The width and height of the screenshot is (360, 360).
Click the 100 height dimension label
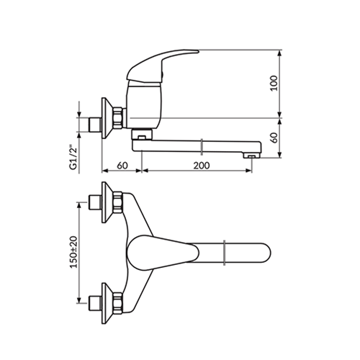click(x=274, y=84)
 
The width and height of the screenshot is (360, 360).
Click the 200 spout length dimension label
click(x=202, y=166)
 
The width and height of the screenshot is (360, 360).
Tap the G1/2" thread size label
click(x=74, y=157)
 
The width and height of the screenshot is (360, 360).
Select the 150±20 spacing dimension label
click(x=74, y=252)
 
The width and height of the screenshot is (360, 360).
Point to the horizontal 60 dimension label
click(x=122, y=166)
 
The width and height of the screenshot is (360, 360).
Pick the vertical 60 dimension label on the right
click(x=274, y=138)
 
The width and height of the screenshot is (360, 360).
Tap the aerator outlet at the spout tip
click(x=251, y=156)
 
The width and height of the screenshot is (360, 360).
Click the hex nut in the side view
click(x=119, y=117)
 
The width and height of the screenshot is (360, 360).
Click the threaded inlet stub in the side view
click(x=95, y=125)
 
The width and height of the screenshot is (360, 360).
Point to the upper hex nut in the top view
click(x=118, y=202)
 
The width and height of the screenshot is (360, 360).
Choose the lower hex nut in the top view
click(x=118, y=303)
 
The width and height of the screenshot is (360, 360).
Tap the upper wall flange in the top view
click(x=107, y=202)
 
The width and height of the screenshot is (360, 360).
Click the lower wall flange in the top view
click(x=107, y=303)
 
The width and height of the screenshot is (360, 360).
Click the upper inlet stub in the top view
click(x=95, y=202)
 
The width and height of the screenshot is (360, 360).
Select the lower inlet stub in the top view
click(x=95, y=303)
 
